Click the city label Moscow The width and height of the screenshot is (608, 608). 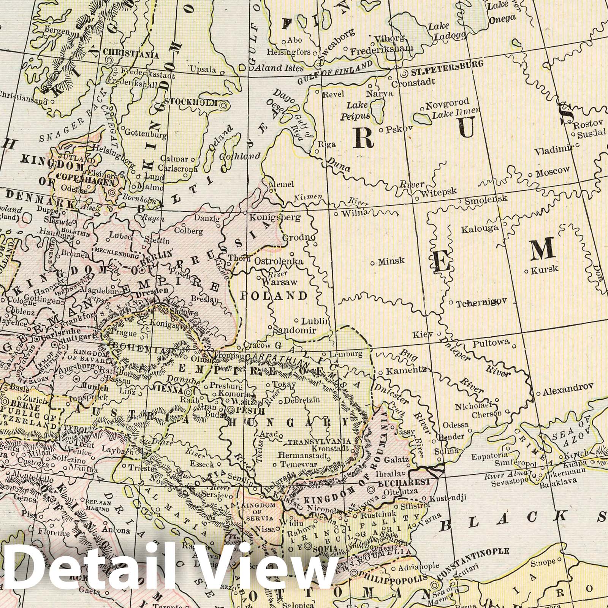[553, 171]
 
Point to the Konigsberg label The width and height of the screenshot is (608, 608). [275, 218]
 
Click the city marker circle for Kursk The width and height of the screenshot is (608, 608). [527, 271]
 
